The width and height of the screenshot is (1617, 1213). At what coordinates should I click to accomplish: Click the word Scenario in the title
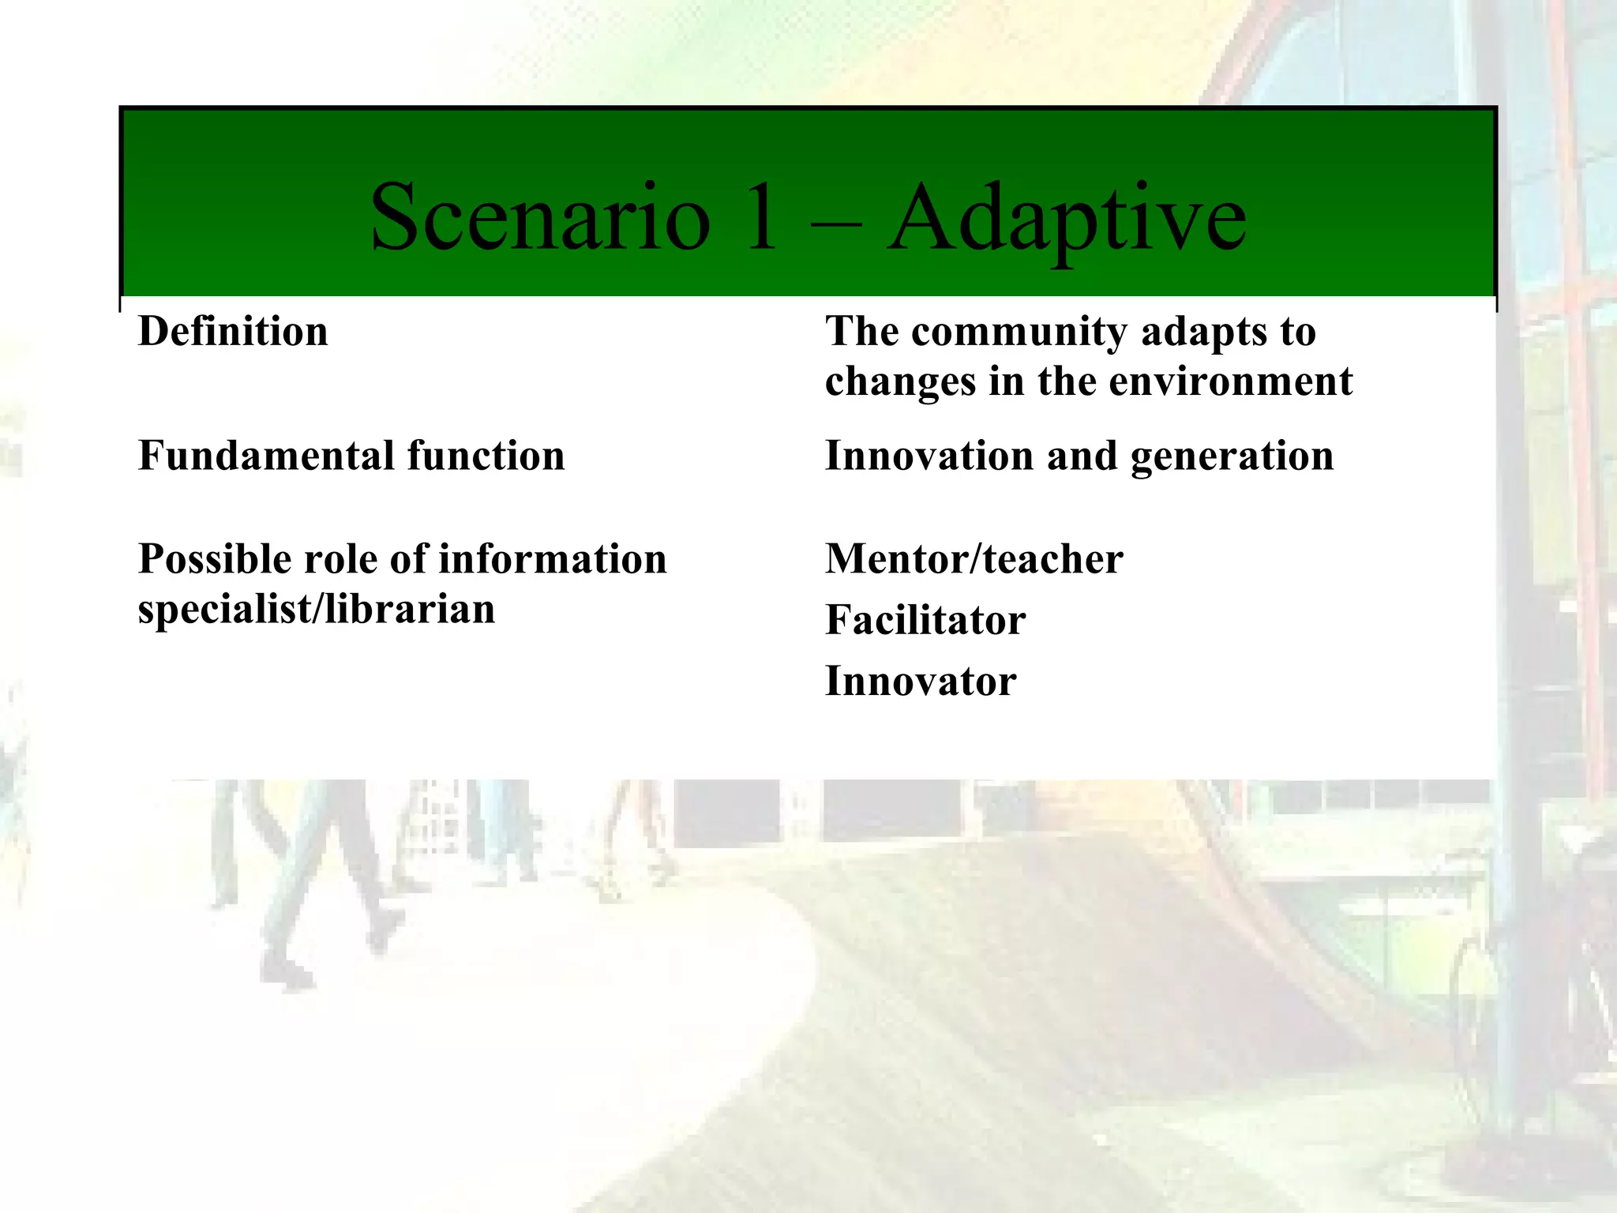coord(540,217)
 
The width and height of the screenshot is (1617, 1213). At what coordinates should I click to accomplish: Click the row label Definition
coord(233,332)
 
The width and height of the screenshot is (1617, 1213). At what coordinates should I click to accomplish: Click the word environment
coord(1231,381)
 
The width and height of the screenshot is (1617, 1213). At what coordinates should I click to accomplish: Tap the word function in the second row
coord(486,456)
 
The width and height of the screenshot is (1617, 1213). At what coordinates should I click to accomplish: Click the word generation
coord(1232,457)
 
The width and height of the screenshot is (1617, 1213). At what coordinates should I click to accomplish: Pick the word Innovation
coord(929,456)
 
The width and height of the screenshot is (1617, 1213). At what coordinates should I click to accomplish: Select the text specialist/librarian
coord(317,610)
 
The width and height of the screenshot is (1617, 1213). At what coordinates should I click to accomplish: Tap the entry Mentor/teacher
coord(974,559)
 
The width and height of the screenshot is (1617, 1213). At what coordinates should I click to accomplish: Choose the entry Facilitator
coord(925,620)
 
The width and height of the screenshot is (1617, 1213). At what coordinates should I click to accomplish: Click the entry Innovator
coord(921,681)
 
